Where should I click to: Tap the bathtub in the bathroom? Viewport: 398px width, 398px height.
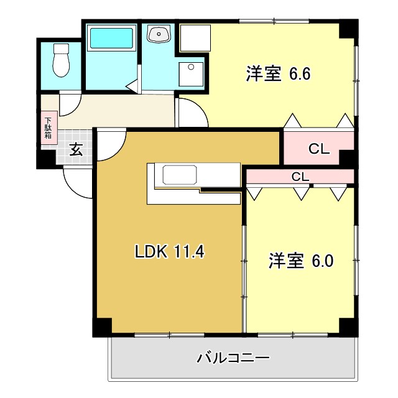pyautogui.click(x=112, y=39)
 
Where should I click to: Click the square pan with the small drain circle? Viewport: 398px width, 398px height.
pyautogui.click(x=189, y=74)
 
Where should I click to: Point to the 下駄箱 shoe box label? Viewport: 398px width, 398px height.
pyautogui.click(x=49, y=127)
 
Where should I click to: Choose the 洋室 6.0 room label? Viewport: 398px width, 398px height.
pyautogui.click(x=301, y=261)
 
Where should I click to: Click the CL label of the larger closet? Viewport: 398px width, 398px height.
pyautogui.click(x=318, y=149)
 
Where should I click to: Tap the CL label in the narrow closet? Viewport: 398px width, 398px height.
pyautogui.click(x=300, y=177)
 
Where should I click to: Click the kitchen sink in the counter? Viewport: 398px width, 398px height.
pyautogui.click(x=180, y=175)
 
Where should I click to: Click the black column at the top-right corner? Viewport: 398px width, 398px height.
pyautogui.click(x=348, y=27)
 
